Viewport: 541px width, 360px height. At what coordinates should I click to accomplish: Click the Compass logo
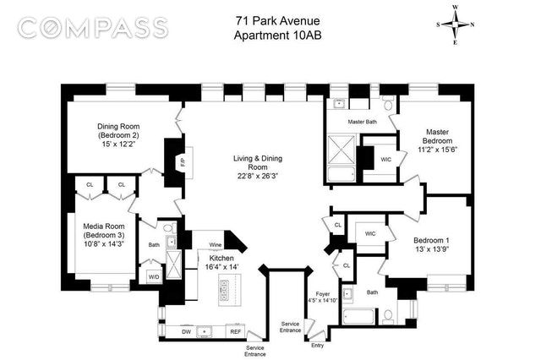(x=93, y=28)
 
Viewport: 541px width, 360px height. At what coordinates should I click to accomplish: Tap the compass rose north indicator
(x=473, y=25)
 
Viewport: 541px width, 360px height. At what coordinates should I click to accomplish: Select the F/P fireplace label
(x=183, y=162)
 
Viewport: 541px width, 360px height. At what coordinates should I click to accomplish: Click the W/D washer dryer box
(x=154, y=276)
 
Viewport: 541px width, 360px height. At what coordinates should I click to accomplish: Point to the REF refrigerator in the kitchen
(x=235, y=331)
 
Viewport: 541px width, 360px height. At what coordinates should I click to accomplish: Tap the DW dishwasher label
(x=186, y=332)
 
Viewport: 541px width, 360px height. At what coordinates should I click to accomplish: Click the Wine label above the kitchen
(x=216, y=245)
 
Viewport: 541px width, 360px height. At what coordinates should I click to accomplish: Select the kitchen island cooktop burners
(x=224, y=290)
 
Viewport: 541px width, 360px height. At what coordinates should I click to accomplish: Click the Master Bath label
(x=363, y=122)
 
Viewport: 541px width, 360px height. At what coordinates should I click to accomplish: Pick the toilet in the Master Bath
(x=389, y=103)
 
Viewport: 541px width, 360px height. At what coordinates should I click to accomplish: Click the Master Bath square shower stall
(x=342, y=150)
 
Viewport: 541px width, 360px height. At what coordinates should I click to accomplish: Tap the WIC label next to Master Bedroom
(x=385, y=160)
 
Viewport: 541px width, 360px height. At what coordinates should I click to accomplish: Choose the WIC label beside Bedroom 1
(x=370, y=233)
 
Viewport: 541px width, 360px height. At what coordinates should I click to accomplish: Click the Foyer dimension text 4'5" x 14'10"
(x=323, y=300)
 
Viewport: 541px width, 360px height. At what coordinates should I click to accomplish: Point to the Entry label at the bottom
(x=318, y=345)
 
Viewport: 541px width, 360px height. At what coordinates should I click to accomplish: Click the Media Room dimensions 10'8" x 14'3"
(x=103, y=243)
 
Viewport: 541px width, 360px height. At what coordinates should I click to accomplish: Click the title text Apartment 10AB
(x=278, y=35)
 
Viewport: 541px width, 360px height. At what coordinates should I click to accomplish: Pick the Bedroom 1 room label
(x=431, y=240)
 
